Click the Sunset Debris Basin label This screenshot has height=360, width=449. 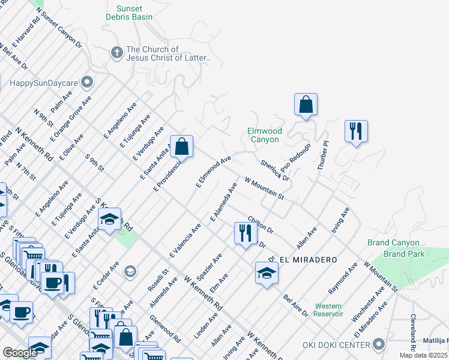[130, 13]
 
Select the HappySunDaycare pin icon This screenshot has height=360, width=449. [88, 81]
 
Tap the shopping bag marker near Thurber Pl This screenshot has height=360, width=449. [306, 104]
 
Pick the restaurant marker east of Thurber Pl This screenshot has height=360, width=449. [356, 131]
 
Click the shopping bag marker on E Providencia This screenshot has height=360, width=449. [181, 146]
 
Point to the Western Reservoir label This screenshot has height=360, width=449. [328, 310]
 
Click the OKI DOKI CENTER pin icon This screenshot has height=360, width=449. [378, 344]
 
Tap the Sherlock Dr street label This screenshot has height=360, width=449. [275, 170]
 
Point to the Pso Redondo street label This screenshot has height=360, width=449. [298, 157]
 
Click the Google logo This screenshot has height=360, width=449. [20, 353]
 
